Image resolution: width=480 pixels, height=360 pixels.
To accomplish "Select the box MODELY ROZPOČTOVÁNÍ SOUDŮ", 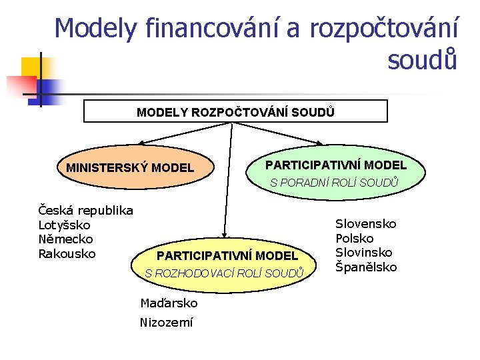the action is coord(235,111).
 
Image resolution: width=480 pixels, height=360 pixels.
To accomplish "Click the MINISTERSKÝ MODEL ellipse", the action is coord(130,167).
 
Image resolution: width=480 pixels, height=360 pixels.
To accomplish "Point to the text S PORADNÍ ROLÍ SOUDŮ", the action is coord(333,182).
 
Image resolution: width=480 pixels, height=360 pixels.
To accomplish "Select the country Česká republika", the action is coord(86,211).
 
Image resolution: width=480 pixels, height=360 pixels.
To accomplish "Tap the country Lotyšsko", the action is coord(65,225).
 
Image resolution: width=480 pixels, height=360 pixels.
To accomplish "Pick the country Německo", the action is coord(65,239).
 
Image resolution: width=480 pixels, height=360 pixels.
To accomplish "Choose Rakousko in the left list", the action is coord(67,254).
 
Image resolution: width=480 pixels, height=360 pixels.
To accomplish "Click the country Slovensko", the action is coord(365,224).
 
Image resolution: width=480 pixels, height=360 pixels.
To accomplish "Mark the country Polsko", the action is coord(354,239).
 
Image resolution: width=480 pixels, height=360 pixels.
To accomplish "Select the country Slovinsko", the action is coord(363,253).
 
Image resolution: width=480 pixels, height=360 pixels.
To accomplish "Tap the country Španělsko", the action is coord(365,267).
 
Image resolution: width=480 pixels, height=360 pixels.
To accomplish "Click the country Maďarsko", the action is coord(169,303).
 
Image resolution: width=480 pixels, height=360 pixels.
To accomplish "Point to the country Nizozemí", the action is coord(166,323).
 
